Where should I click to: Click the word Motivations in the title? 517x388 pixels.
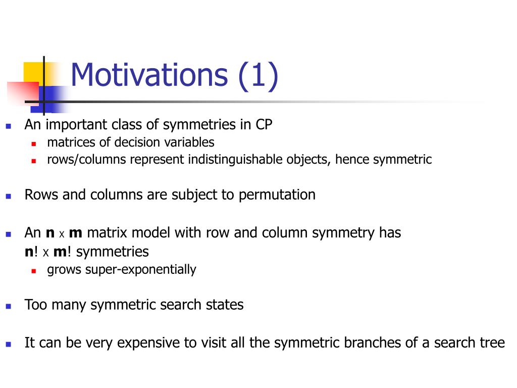(x=149, y=75)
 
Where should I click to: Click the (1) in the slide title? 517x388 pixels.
(x=258, y=76)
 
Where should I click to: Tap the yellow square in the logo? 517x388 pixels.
(x=34, y=74)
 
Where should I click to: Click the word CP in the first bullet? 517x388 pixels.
(x=264, y=125)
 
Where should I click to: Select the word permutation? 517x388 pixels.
(x=277, y=195)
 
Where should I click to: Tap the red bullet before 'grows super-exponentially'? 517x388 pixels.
(x=34, y=271)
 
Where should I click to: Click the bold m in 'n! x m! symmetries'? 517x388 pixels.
(x=60, y=252)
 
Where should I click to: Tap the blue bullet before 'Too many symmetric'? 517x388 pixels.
(x=9, y=306)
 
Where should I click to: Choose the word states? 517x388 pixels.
(x=225, y=305)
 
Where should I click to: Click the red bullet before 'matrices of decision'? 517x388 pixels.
(x=34, y=144)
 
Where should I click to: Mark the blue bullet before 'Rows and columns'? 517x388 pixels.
(x=9, y=197)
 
